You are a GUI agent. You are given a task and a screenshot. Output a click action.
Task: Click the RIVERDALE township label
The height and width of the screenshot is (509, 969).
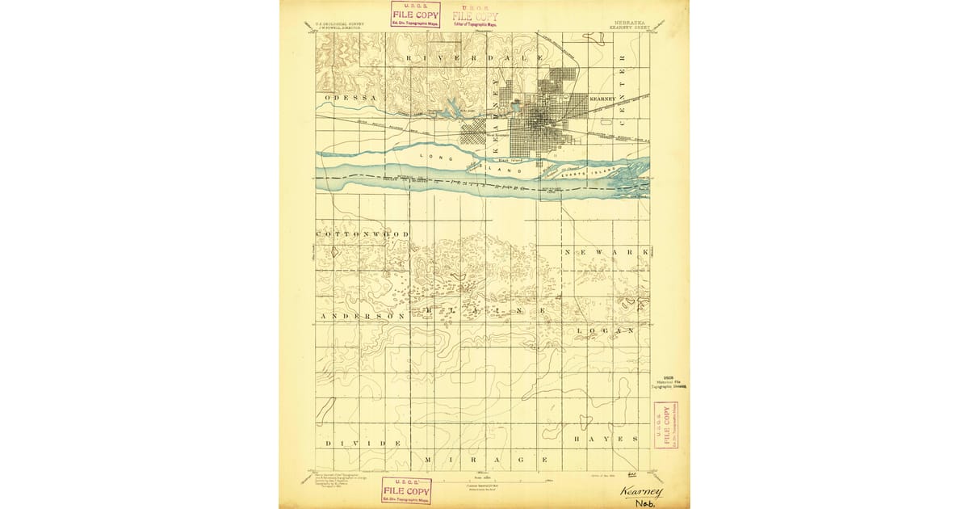pos(464,59)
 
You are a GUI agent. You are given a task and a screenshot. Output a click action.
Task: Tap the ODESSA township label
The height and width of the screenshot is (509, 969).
pos(352,98)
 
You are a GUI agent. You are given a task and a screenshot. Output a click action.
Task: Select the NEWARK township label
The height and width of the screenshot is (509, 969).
pos(606,253)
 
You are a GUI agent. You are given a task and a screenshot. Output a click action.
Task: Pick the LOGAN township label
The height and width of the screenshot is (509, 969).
pos(602,330)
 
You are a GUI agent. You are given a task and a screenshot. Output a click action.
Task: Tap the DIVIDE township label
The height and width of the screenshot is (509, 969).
pos(363,444)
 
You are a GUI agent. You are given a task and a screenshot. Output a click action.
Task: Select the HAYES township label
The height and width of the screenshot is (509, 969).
pos(606,438)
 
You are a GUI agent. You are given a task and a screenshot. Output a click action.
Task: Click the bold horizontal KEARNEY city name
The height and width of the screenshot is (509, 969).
pos(604,98)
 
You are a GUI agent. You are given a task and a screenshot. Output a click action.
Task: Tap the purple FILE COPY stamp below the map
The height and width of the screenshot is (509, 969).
pos(406,490)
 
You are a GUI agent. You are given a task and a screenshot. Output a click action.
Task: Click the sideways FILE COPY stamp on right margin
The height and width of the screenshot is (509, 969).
pos(666,424)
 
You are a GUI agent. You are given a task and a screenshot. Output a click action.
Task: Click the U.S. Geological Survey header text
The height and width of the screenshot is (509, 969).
pos(339,25)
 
